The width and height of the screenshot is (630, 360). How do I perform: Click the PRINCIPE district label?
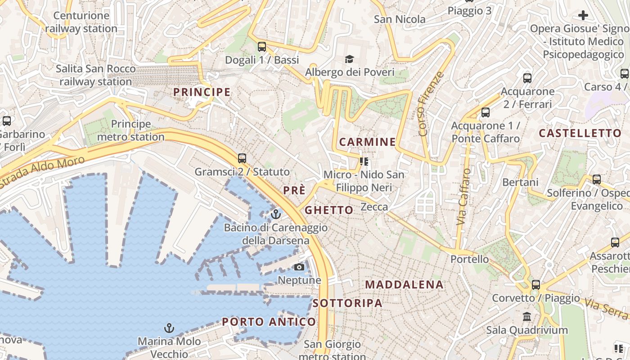(202, 92)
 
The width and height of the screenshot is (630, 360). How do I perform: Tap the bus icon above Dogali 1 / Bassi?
(261, 47)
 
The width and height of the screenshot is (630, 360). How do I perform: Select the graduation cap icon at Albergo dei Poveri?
(349, 59)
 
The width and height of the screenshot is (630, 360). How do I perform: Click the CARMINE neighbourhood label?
(368, 142)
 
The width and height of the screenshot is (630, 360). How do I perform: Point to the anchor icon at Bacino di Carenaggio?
(275, 214)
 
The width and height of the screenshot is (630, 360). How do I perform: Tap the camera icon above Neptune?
(299, 267)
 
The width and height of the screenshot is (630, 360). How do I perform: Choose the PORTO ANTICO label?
(269, 322)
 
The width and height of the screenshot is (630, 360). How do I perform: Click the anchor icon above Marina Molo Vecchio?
(169, 328)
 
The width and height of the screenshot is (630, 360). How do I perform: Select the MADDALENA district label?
(404, 285)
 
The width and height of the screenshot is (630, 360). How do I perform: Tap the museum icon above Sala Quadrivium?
(526, 317)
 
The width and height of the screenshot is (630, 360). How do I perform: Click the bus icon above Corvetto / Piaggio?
(535, 285)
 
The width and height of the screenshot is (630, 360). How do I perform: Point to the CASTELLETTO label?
(580, 133)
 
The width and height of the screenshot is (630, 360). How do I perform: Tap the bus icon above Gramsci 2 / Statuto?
(242, 158)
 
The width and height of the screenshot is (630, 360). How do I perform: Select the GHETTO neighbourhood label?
(329, 210)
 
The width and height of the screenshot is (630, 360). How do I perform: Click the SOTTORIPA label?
(347, 303)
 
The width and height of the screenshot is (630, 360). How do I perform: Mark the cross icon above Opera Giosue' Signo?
(583, 16)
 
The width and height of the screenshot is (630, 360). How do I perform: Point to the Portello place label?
(469, 259)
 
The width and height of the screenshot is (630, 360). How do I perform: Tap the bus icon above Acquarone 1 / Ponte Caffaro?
(485, 112)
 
